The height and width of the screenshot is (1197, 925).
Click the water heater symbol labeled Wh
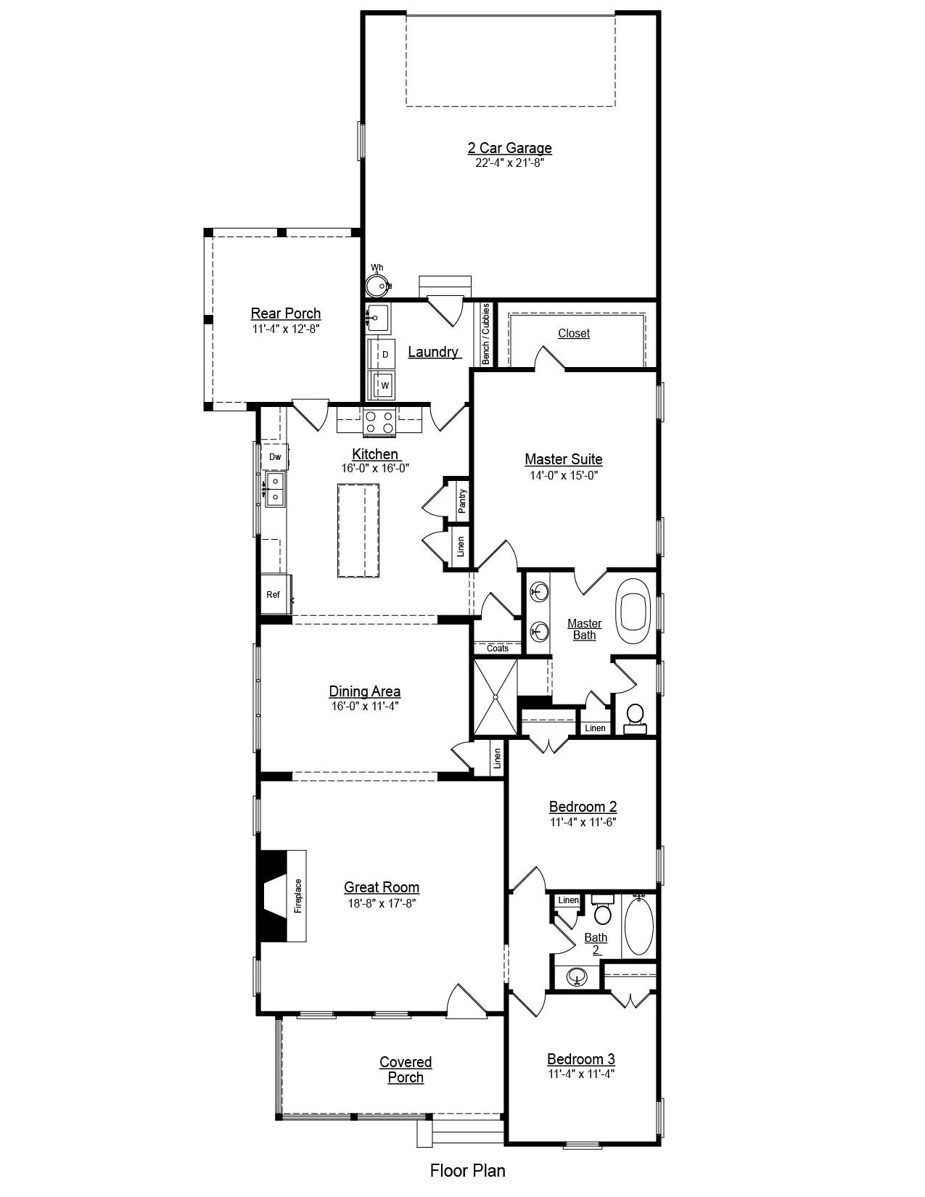point(377,285)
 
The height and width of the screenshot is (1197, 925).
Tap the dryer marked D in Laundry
point(381,354)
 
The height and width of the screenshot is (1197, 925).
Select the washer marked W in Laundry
point(381,385)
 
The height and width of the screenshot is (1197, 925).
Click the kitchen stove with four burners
point(379,422)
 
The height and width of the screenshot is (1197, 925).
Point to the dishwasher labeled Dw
point(275,456)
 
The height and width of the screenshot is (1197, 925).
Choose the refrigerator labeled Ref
point(275,594)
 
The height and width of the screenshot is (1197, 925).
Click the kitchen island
point(358,530)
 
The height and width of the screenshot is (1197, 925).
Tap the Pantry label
point(462,501)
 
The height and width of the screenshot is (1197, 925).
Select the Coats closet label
point(497,649)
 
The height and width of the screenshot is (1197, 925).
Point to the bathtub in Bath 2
point(639,927)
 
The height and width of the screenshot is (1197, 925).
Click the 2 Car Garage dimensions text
point(509,163)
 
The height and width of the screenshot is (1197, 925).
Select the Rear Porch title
point(285,313)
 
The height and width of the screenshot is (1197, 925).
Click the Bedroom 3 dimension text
point(580,1074)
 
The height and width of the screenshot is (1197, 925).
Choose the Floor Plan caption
point(467,1170)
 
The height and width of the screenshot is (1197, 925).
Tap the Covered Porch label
point(406,1069)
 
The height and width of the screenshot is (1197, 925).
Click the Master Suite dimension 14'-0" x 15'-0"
point(564,475)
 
